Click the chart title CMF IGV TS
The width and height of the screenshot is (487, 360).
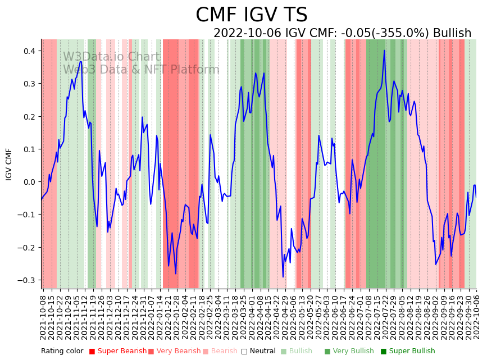point(251,15)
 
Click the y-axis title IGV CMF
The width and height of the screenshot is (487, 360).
point(9,164)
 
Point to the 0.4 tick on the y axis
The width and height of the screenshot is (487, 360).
point(29,51)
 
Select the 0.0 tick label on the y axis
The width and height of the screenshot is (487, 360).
point(29,182)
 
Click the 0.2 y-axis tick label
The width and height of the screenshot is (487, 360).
point(29,117)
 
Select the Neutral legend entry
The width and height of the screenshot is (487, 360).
point(259,351)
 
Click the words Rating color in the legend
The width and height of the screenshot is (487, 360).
point(62,351)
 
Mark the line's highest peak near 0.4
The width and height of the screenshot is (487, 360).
point(384,51)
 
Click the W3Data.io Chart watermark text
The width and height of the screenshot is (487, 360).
point(111,57)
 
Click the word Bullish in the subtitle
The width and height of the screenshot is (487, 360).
point(452,33)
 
